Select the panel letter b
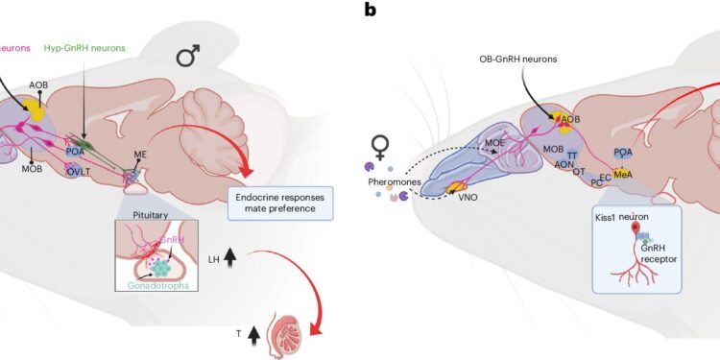click(368, 11)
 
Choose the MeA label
click(622, 174)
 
